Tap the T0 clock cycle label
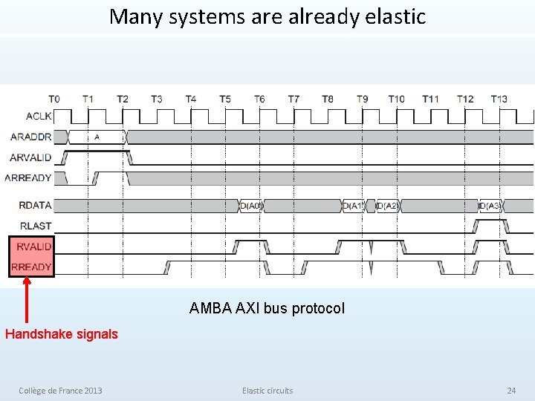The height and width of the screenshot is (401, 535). tap(54, 99)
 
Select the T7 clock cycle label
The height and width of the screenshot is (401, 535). tap(294, 99)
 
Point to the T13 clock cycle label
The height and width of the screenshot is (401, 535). tap(499, 99)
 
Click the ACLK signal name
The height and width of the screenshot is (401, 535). tap(39, 116)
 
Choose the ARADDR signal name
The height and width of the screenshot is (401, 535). tap(31, 137)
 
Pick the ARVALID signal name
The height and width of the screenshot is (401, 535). tap(30, 157)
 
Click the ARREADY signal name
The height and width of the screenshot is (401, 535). tap(28, 177)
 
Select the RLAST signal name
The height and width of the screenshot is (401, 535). tap(36, 226)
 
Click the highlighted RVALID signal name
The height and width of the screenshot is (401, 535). tap(34, 246)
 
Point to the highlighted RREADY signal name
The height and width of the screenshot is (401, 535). tap(31, 267)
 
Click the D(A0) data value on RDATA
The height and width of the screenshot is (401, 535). tap(251, 206)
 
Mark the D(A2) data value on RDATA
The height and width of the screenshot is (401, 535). tap(387, 206)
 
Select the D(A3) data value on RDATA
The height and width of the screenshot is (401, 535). tap(490, 206)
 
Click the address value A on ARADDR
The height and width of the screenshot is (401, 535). tap(97, 137)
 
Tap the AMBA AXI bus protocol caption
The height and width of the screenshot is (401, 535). tap(267, 308)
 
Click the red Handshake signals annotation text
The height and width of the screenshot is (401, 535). tap(61, 334)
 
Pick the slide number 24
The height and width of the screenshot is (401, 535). tap(510, 391)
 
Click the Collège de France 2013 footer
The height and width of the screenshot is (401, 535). tap(60, 391)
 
